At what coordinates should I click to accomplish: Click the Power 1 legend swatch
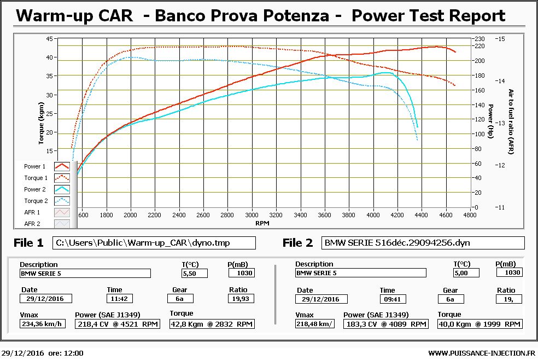pos(62,166)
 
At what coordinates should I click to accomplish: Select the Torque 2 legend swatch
pos(62,201)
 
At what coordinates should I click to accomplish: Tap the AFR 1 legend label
pos(32,212)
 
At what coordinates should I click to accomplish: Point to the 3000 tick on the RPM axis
pos(252,215)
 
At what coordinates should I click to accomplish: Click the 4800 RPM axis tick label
pos(470,215)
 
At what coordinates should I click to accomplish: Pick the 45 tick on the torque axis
pos(49,39)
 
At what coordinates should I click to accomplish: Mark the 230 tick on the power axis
pos(479,39)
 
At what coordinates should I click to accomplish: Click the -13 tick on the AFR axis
pos(500,123)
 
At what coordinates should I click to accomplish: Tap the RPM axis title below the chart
pos(262,223)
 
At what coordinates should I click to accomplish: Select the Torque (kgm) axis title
pos(41,123)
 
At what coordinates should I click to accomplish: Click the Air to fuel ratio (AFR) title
pos(511,121)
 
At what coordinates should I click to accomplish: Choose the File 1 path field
pos(154,243)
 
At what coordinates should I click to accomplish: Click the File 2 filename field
pos(423,243)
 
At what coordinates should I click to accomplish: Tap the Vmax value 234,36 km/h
pos(43,324)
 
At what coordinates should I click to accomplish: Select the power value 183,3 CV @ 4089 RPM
pos(385,324)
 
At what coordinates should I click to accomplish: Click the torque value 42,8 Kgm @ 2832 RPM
pos(212,324)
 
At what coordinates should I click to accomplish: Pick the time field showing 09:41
pos(393,299)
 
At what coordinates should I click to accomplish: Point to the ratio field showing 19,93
pos(241,299)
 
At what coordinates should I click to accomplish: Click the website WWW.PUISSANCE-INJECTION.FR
pos(482,353)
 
